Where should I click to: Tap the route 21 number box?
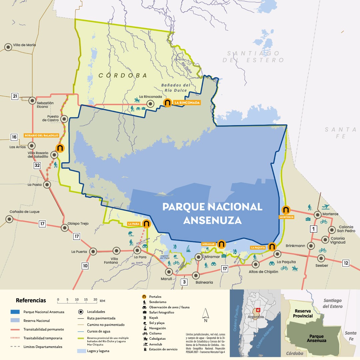click(15, 97)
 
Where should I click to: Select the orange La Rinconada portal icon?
click(167, 103)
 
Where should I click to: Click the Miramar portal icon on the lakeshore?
click(221, 244)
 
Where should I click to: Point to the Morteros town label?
click(330, 214)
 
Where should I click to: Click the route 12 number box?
click(346, 263)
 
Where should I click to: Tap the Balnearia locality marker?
click(196, 275)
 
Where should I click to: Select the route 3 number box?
click(184, 282)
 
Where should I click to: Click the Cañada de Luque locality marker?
click(9, 219)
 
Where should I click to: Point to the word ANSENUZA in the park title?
click(212, 221)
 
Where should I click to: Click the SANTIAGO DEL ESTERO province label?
click(253, 57)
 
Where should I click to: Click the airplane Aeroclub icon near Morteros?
click(326, 207)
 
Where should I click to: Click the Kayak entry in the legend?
click(154, 318)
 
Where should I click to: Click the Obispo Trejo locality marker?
click(65, 228)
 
